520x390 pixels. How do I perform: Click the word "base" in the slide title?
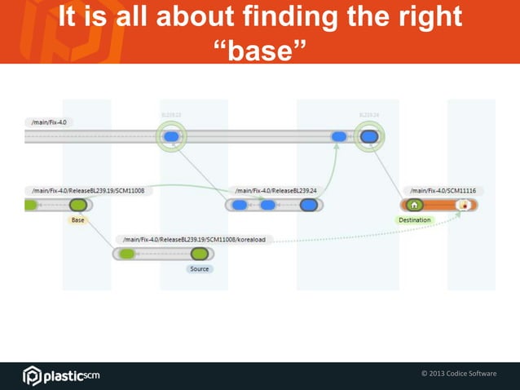click(259, 51)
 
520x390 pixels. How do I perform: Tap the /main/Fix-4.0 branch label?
click(53, 122)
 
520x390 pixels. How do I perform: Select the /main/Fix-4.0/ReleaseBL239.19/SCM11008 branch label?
click(87, 190)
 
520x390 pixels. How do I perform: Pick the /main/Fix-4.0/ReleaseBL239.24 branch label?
click(275, 190)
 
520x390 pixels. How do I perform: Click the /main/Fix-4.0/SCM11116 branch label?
click(443, 190)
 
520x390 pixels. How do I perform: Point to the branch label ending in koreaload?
click(194, 240)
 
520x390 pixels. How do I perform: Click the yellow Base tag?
click(77, 220)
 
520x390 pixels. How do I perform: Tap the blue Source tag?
click(199, 268)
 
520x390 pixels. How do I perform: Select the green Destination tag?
click(415, 220)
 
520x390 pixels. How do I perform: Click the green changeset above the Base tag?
click(78, 205)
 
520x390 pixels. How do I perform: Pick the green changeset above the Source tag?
click(199, 254)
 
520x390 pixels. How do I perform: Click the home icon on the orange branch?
click(415, 205)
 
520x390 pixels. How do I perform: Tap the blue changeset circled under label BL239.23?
click(171, 137)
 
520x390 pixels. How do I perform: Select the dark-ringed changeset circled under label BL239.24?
click(368, 137)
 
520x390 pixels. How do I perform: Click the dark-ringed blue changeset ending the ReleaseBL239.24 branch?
click(308, 205)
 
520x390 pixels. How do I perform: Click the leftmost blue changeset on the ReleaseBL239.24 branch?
click(240, 205)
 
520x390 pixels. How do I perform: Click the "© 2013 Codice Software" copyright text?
click(458, 374)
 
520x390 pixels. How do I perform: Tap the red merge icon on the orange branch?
click(464, 205)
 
